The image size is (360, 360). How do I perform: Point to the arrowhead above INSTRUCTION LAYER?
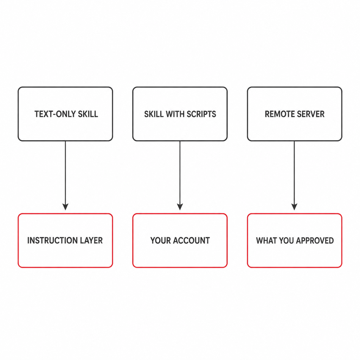[x=65, y=207]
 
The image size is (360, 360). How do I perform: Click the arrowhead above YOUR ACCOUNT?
[x=180, y=207]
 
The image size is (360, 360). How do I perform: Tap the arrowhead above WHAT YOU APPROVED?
[x=294, y=207]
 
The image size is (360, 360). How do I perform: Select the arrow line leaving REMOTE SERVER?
[x=294, y=176]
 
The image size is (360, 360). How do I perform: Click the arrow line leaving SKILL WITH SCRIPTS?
[x=180, y=176]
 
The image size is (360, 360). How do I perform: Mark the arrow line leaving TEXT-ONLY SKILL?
[x=65, y=176]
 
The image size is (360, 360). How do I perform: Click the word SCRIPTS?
[x=201, y=114]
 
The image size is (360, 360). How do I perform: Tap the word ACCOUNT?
[x=191, y=240]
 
